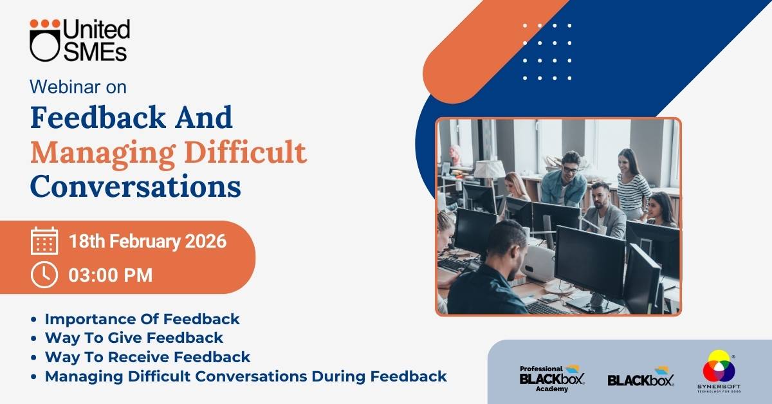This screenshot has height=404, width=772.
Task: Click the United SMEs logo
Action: point(80,40)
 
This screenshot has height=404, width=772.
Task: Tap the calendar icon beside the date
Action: point(44,241)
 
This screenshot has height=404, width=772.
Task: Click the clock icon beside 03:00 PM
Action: point(44,275)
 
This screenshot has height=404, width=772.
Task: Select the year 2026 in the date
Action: point(206,241)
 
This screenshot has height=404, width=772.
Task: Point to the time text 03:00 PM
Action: point(110,275)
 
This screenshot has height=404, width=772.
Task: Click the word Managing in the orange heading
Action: point(103,153)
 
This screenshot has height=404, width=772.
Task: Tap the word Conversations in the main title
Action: point(136,186)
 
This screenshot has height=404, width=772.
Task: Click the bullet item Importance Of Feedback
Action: point(142,319)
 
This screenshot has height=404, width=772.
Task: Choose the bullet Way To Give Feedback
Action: point(134,338)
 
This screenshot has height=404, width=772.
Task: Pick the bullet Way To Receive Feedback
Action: point(147,357)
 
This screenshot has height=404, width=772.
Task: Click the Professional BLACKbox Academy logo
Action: point(552,378)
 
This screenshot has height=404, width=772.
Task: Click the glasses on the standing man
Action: point(571,170)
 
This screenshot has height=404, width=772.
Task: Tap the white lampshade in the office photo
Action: point(489,169)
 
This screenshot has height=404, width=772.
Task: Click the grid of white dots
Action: point(547,51)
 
